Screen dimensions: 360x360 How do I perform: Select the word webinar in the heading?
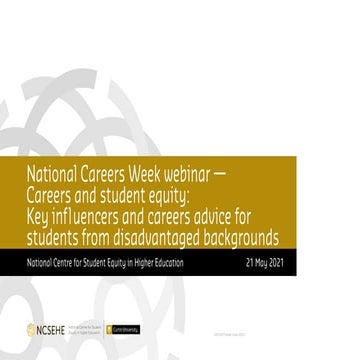(x=197, y=168)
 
